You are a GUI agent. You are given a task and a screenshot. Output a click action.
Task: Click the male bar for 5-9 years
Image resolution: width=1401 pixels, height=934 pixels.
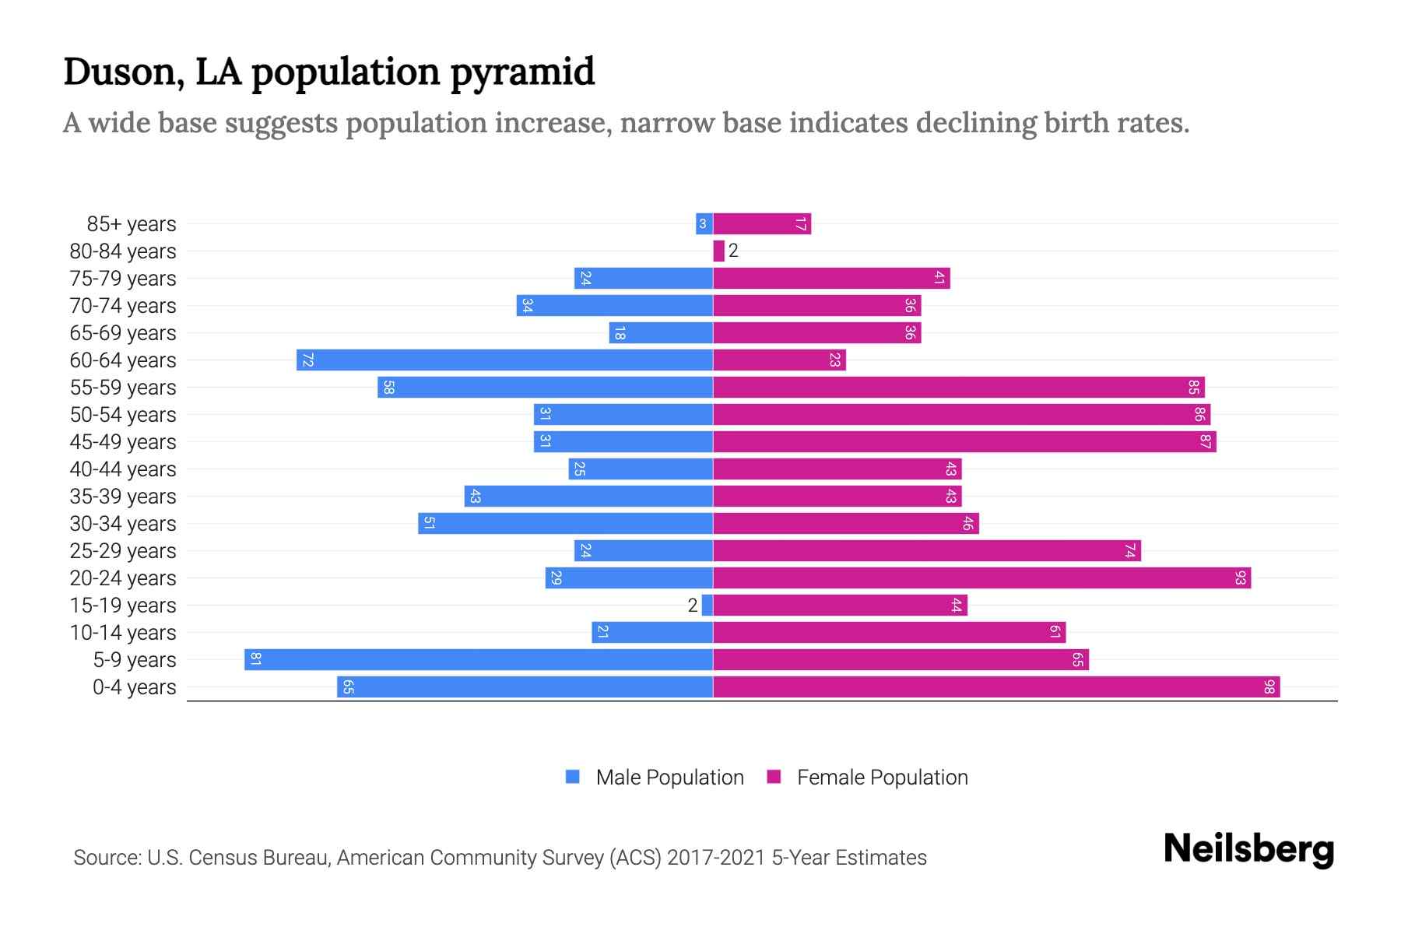click(x=478, y=660)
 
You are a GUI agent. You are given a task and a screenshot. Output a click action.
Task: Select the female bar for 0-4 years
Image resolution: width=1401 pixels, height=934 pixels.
click(x=996, y=687)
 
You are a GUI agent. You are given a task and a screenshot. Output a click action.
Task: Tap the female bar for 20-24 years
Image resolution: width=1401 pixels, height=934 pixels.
click(x=981, y=578)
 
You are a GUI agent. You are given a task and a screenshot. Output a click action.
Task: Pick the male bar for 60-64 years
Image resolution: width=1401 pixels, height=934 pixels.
click(x=504, y=360)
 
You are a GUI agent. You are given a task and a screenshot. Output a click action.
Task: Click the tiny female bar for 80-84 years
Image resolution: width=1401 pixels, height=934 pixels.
click(x=718, y=251)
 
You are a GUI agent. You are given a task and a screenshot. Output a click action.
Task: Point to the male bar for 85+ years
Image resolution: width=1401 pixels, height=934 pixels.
click(x=704, y=224)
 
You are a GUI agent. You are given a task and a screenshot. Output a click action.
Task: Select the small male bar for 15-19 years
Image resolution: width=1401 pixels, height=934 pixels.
click(x=707, y=606)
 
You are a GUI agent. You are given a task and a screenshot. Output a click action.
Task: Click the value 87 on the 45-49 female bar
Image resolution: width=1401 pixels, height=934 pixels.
click(x=1205, y=442)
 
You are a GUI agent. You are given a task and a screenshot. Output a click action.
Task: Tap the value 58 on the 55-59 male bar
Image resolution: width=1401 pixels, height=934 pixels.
click(x=388, y=388)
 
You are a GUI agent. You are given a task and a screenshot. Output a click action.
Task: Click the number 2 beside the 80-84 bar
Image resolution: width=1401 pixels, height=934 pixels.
click(x=733, y=251)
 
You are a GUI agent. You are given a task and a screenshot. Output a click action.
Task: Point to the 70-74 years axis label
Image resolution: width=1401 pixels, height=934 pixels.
click(x=123, y=306)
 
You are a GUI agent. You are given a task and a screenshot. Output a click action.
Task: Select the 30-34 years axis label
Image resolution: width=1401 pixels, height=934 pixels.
click(x=123, y=524)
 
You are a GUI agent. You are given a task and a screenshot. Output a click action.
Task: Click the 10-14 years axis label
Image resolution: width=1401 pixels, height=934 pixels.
click(x=123, y=633)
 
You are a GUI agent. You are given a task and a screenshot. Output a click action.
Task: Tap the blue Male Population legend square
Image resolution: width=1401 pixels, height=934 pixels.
click(x=573, y=777)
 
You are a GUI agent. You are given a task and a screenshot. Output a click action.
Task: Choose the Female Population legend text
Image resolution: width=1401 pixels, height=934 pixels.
click(x=882, y=778)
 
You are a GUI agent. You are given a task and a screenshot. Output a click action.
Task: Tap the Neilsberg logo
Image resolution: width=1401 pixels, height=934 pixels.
click(x=1248, y=849)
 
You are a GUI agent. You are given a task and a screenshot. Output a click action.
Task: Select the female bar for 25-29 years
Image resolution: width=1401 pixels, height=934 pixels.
click(x=926, y=551)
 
